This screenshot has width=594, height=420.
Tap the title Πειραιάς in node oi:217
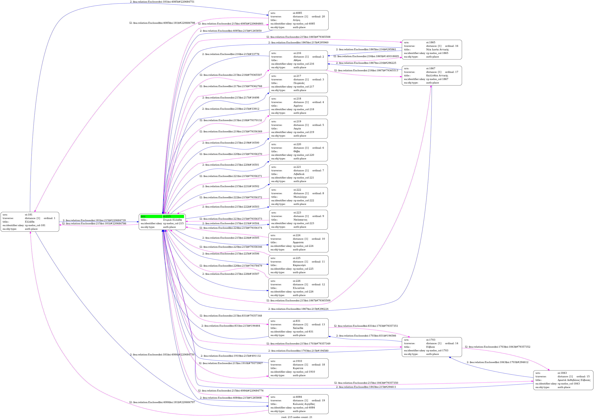point(299,83)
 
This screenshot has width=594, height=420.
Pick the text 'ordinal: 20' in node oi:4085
point(318,17)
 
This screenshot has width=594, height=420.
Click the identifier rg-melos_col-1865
point(437,53)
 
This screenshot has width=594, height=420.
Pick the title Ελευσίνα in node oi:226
point(299,288)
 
